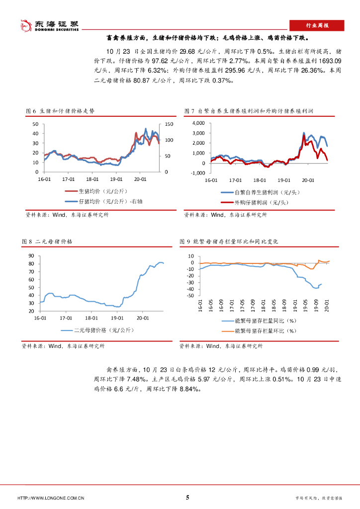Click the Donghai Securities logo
[49, 25]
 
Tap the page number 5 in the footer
[187, 498]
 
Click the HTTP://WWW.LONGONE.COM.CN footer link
[51, 498]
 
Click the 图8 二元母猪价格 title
[47, 241]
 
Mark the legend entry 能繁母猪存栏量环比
[265, 330]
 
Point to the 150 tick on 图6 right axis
[168, 124]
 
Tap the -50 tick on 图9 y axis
[190, 296]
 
